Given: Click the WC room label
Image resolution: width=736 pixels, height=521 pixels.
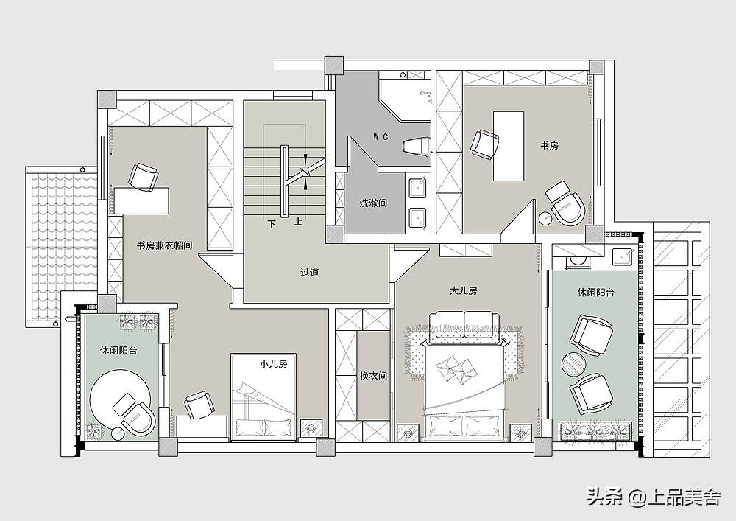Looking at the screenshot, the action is pyautogui.click(x=381, y=137).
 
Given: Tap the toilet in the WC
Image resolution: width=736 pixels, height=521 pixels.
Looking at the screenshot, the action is pyautogui.click(x=417, y=146).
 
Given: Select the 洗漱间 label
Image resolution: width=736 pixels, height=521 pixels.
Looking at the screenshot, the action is pyautogui.click(x=373, y=203).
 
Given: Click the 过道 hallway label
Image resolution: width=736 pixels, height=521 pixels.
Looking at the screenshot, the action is pyautogui.click(x=310, y=272).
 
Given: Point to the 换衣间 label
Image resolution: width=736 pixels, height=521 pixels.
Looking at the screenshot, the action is pyautogui.click(x=373, y=376).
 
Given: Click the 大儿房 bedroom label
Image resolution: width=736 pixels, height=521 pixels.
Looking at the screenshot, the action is pyautogui.click(x=463, y=291).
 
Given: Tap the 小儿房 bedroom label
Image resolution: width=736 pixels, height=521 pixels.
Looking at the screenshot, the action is pyautogui.click(x=274, y=363).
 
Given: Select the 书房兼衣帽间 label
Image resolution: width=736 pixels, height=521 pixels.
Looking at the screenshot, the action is pyautogui.click(x=164, y=245).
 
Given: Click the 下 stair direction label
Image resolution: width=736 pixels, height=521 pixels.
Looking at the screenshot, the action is pyautogui.click(x=272, y=223).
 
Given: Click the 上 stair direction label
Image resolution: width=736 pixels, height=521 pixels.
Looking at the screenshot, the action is pyautogui.click(x=299, y=222).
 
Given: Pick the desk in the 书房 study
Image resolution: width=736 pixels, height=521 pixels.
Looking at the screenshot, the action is pyautogui.click(x=509, y=146).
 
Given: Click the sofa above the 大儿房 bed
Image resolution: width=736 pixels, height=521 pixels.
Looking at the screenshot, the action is pyautogui.click(x=464, y=324).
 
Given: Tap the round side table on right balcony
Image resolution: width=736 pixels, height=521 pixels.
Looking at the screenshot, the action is pyautogui.click(x=573, y=364).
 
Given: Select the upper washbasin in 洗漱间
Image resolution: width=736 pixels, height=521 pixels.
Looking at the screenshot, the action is pyautogui.click(x=418, y=187).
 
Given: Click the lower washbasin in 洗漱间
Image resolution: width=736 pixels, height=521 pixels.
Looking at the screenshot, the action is pyautogui.click(x=418, y=218).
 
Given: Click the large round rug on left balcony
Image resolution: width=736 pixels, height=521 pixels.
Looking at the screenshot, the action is pyautogui.click(x=119, y=399).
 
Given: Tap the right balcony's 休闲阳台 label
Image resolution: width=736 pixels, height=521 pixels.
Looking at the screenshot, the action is pyautogui.click(x=595, y=293).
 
